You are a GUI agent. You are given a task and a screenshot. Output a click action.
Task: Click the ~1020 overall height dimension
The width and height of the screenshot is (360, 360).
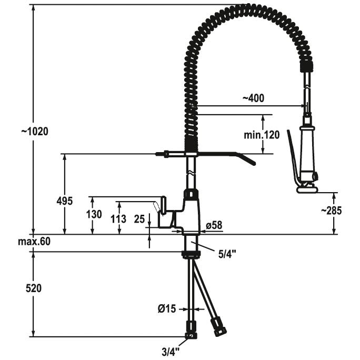[35, 132]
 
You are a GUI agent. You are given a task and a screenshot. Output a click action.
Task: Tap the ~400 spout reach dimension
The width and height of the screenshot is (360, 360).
[253, 98]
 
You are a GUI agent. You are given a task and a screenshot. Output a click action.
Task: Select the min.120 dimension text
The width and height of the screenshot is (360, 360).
[262, 135]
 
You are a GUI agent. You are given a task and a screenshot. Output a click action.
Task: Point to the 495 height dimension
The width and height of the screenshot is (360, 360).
[65, 201]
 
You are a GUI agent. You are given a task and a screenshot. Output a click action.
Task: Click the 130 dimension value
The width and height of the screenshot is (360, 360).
[94, 214]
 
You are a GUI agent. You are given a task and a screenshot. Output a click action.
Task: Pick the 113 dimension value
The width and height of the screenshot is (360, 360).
[118, 219]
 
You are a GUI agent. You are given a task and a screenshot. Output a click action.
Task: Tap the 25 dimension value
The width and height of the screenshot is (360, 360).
[139, 219]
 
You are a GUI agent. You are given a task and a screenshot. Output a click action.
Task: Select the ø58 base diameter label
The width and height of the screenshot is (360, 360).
[214, 225]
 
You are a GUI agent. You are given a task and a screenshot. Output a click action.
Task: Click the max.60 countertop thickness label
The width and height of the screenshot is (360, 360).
[34, 242]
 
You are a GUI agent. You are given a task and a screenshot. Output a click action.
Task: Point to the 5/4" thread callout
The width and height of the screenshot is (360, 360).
[227, 254]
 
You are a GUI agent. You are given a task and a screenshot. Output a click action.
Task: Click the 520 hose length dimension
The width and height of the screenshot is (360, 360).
[34, 288]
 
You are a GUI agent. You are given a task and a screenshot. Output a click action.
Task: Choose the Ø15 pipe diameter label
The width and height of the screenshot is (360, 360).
[167, 309]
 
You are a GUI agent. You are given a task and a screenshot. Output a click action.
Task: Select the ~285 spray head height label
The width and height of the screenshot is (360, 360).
[331, 211]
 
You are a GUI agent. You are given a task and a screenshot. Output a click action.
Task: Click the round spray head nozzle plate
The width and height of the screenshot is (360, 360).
[307, 189]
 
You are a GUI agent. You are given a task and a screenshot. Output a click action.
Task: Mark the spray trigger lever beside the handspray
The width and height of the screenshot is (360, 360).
[293, 158]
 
